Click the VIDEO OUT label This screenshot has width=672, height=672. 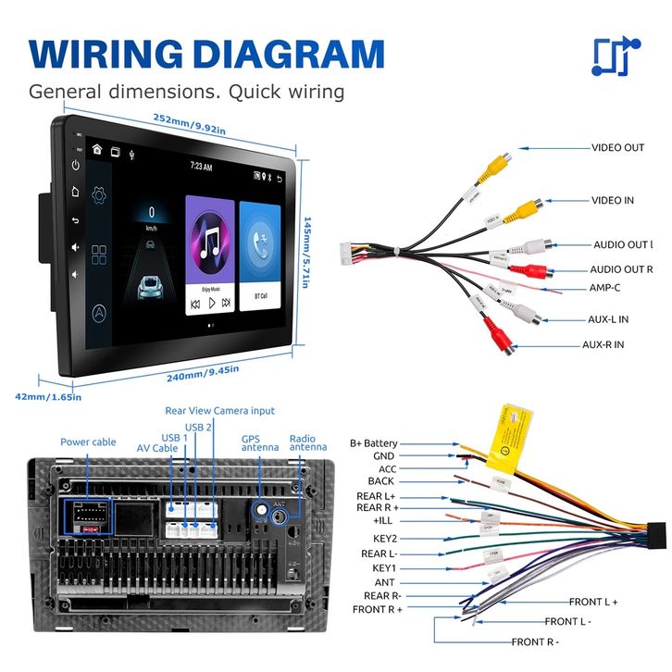coord(617,147)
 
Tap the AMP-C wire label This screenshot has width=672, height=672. coord(605,287)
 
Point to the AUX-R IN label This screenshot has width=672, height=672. coord(603,344)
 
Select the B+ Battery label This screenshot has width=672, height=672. coord(373,443)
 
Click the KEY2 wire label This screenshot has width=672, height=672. coord(384,538)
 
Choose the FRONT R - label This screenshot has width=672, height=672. coord(535,641)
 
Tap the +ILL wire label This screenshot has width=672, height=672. coord(382,520)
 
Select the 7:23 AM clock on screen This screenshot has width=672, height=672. coord(201,168)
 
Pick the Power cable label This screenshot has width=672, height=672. coord(88,442)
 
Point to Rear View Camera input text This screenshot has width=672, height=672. coord(219,410)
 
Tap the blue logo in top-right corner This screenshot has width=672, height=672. coord(615,56)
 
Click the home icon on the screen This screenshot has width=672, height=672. coord(97,149)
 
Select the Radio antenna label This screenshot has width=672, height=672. coord(308,443)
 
